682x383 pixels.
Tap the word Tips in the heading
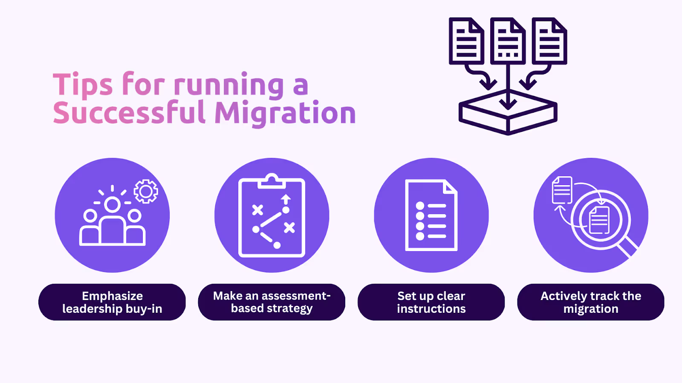pyautogui.click(x=83, y=85)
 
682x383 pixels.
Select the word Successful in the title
pyautogui.click(x=130, y=112)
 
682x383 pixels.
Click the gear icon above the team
pyautogui.click(x=146, y=191)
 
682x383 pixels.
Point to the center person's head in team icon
pyautogui.click(x=113, y=205)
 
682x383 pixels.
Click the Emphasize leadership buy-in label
pyautogui.click(x=112, y=302)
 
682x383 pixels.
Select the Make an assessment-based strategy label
pyautogui.click(x=272, y=302)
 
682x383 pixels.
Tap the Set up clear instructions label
pyautogui.click(x=431, y=302)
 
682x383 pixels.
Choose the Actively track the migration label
pyautogui.click(x=591, y=302)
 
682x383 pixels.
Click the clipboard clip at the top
pyautogui.click(x=272, y=181)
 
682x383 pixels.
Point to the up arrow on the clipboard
pyautogui.click(x=286, y=200)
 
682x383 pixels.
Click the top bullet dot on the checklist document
pyautogui.click(x=420, y=206)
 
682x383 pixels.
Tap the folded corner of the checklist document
pyautogui.click(x=450, y=186)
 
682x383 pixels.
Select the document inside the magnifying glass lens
pyautogui.click(x=599, y=220)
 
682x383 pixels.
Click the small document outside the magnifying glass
pyautogui.click(x=562, y=190)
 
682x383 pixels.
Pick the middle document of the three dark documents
pyautogui.click(x=508, y=41)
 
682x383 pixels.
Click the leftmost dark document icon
pyautogui.click(x=466, y=41)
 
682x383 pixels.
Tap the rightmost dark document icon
pyautogui.click(x=549, y=41)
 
